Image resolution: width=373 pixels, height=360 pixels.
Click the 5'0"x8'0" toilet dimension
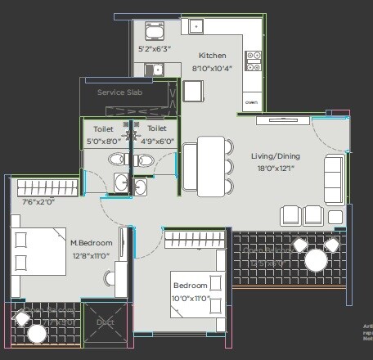tap(104, 140)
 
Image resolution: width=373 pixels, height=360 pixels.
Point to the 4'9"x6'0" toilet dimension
tap(156, 140)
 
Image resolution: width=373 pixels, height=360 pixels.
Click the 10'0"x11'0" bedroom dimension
tap(191, 298)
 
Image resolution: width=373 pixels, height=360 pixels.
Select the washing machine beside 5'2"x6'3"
tap(154, 31)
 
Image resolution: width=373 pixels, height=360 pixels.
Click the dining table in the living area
tap(211, 165)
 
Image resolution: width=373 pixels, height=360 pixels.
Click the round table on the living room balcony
tap(315, 260)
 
